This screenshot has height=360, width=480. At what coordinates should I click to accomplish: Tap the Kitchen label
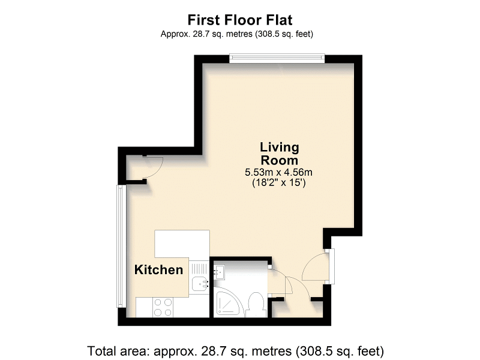(158, 270)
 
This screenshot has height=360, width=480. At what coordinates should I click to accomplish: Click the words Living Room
(279, 154)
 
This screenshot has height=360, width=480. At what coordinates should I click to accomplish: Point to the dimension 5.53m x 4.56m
(279, 173)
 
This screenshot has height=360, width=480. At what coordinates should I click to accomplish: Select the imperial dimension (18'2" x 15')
(279, 184)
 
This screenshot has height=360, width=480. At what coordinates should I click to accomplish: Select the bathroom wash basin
(219, 272)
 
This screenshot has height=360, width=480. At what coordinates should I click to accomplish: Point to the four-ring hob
(163, 307)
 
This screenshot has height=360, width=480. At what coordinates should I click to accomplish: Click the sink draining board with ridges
(199, 268)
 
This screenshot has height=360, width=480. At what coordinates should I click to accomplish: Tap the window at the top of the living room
(277, 58)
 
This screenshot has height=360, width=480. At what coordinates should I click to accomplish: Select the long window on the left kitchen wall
(121, 246)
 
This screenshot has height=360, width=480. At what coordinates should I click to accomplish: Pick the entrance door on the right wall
(316, 268)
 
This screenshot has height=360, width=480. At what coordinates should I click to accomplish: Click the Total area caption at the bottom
(236, 350)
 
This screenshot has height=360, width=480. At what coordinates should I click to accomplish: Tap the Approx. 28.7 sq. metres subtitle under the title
(236, 34)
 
